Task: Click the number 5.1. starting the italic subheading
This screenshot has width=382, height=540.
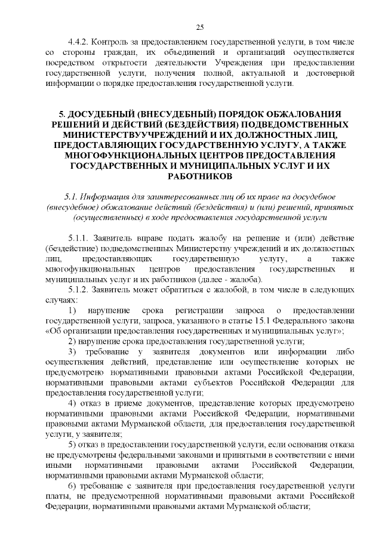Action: point(72,198)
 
